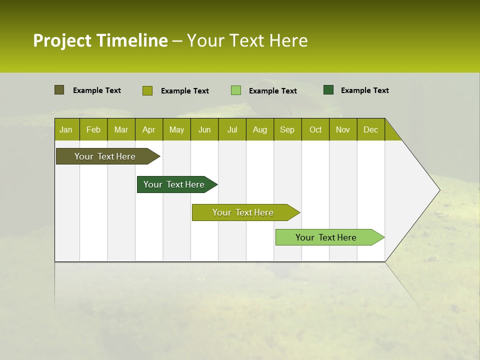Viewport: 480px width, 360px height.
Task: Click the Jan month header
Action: click(66, 129)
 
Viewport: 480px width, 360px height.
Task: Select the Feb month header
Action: click(93, 129)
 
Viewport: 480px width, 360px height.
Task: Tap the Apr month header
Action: click(148, 129)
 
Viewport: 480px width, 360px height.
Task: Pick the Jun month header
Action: click(204, 129)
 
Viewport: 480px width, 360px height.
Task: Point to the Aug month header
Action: click(259, 129)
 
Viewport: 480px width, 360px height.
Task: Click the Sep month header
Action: click(287, 129)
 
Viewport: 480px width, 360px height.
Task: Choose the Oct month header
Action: click(315, 129)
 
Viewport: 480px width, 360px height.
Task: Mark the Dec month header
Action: click(370, 129)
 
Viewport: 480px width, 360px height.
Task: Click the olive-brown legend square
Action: click(59, 90)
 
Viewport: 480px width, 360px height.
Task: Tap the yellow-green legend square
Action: click(147, 90)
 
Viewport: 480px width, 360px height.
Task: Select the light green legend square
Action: click(236, 90)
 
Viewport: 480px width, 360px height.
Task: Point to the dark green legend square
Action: click(328, 90)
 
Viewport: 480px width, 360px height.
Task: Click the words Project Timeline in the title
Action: click(100, 40)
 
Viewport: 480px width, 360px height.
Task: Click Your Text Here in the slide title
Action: click(247, 40)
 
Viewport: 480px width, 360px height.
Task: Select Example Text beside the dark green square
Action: click(364, 90)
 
